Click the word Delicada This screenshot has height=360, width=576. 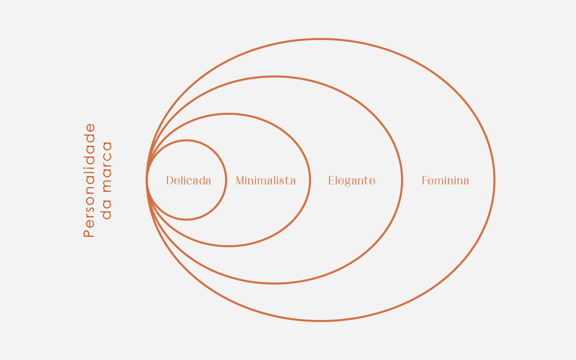tap(188, 181)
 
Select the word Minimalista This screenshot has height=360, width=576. tap(266, 181)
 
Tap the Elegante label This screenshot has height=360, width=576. tap(352, 181)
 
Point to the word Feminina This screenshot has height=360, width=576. tap(445, 181)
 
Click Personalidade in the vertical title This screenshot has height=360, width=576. tap(90, 180)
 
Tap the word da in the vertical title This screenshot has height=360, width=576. tap(107, 212)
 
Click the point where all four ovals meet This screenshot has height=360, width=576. tap(147, 180)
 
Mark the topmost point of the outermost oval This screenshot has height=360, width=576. tap(321, 39)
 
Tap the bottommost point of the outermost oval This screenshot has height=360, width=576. tap(321, 321)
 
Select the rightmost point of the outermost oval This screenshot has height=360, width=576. tap(494, 180)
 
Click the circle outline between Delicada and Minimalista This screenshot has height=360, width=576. tap(226, 180)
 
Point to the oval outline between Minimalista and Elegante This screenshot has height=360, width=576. tap(310, 180)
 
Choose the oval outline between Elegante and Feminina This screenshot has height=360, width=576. tap(402, 180)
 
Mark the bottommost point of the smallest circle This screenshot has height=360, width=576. tap(186, 220)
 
